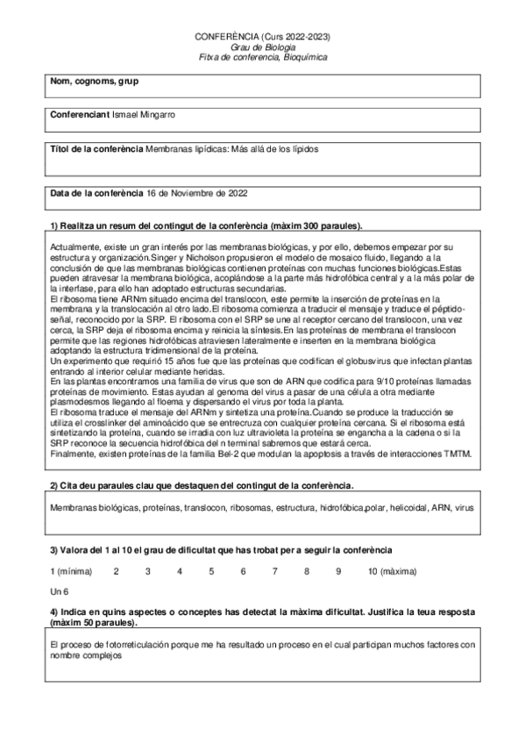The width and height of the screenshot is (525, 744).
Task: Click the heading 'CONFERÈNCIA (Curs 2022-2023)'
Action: (x=262, y=38)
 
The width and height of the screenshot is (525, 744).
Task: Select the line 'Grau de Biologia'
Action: (x=262, y=47)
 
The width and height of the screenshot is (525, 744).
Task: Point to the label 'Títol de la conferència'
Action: (x=96, y=149)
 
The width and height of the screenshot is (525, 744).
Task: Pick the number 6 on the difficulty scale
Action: (x=243, y=571)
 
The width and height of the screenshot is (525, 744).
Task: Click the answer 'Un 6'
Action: (x=59, y=592)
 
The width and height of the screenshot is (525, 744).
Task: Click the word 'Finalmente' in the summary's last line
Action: (x=74, y=454)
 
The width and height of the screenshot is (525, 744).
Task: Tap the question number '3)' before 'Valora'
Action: (x=54, y=550)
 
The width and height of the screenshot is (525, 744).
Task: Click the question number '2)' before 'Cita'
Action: (x=54, y=485)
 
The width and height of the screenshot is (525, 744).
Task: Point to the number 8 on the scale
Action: (x=307, y=571)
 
